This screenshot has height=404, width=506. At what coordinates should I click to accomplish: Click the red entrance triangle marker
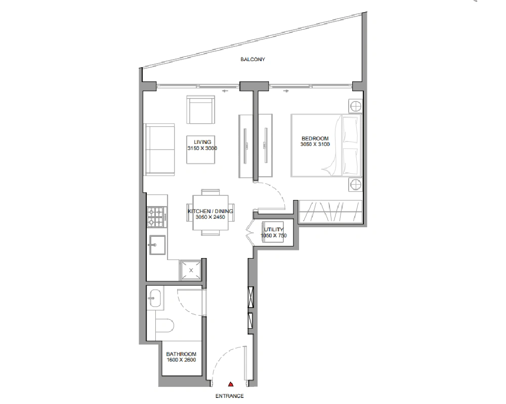[x=231, y=384]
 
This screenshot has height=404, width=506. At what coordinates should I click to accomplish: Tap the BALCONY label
[x=252, y=59]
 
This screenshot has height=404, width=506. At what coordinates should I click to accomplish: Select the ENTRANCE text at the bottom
[x=229, y=396]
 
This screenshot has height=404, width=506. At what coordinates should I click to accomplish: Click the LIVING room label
[x=203, y=142]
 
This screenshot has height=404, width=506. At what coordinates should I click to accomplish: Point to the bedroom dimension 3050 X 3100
[x=315, y=144]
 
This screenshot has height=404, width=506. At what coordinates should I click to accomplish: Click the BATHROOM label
[x=181, y=354]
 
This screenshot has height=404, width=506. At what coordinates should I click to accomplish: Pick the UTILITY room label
[x=274, y=229]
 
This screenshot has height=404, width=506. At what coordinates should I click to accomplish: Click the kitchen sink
[x=157, y=245]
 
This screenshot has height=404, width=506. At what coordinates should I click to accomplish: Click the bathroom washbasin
[x=155, y=298]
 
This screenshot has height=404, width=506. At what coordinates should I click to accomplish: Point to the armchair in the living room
[x=201, y=110]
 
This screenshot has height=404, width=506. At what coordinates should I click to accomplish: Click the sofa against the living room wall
[x=159, y=149]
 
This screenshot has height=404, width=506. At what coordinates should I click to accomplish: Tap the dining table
[x=210, y=213]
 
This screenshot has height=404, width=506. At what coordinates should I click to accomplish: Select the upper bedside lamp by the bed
[x=355, y=106]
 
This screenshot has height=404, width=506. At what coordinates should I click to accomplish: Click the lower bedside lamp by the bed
[x=355, y=185]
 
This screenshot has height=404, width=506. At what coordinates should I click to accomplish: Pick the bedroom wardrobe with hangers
[x=330, y=212]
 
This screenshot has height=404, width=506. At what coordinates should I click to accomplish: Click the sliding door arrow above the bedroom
[x=286, y=91]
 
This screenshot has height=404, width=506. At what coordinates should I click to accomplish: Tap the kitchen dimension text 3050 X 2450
[x=210, y=217]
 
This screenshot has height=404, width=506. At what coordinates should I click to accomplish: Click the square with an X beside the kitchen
[x=191, y=270]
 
